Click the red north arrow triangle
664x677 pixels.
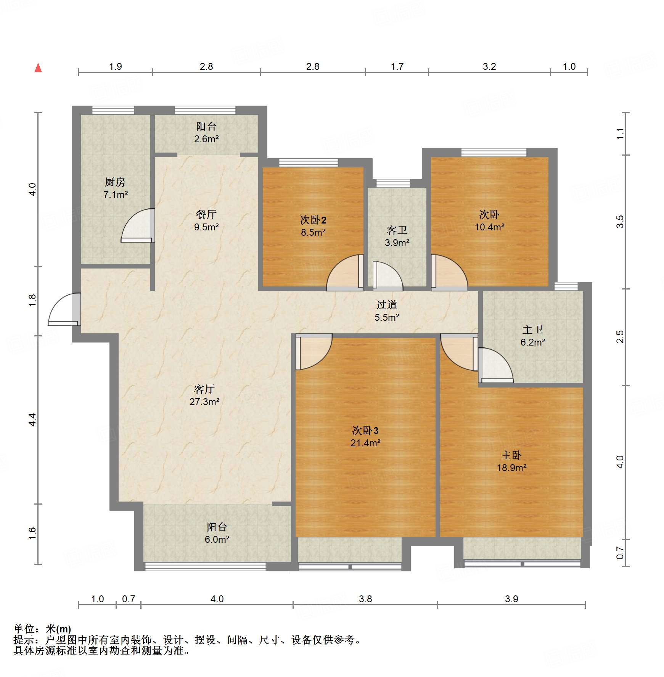(38, 68)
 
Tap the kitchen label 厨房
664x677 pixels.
(115, 182)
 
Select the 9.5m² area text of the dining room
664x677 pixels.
(206, 227)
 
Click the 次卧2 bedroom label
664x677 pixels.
(313, 220)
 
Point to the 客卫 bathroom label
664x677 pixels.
(397, 230)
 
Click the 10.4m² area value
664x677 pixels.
(490, 227)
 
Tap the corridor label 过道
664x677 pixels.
(387, 305)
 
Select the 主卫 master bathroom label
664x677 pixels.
(533, 330)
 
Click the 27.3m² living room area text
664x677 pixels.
(204, 402)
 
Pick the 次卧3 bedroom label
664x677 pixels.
(365, 431)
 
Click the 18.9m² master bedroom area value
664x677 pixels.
(512, 468)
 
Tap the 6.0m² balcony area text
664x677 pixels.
(217, 539)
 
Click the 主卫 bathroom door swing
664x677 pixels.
(495, 365)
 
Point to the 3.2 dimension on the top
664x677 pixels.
(489, 67)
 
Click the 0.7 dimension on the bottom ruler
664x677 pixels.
(129, 599)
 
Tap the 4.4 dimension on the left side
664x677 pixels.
(32, 420)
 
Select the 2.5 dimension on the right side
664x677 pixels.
(620, 337)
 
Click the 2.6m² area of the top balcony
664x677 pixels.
(206, 139)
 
